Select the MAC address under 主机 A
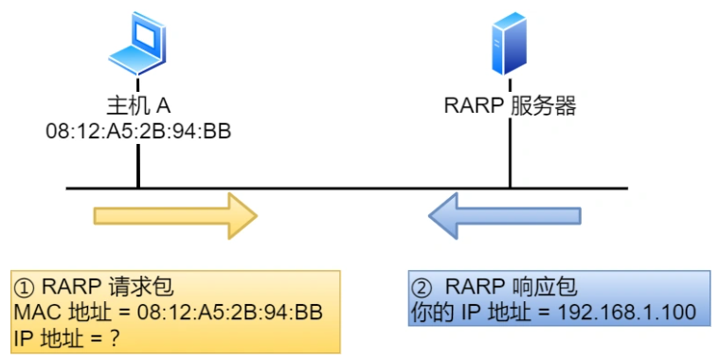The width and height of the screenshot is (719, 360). pos(138,131)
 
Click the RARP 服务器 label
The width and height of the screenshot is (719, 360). pos(510,105)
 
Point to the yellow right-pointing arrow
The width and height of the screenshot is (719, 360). pos(175,216)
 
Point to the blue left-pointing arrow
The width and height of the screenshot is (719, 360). pos(504,216)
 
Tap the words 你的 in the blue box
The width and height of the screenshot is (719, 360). pos(433,311)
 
